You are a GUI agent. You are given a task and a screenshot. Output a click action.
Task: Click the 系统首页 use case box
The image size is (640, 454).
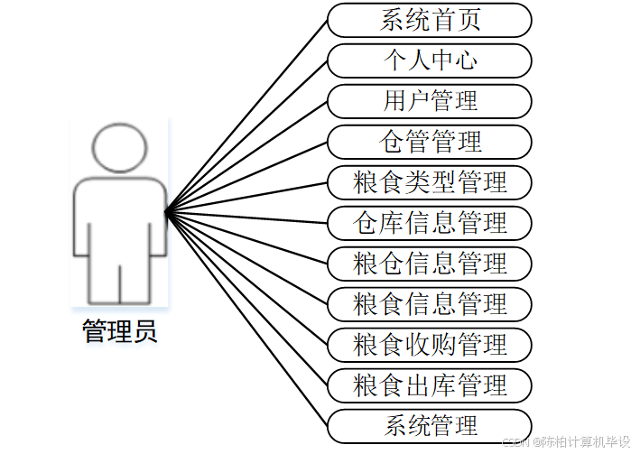(430, 20)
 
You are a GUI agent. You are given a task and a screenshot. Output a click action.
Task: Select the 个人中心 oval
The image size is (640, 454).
(430, 60)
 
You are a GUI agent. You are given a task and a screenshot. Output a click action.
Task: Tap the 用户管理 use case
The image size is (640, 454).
(430, 101)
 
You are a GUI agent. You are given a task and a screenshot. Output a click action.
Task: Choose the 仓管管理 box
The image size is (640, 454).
(430, 142)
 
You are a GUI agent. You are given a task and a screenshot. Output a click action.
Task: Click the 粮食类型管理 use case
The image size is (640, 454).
(430, 182)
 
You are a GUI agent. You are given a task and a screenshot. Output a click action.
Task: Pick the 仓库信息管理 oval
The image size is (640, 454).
(430, 222)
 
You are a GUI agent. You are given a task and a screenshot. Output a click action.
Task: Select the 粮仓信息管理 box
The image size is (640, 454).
(430, 264)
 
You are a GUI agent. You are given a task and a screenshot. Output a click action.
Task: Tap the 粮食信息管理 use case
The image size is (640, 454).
(430, 304)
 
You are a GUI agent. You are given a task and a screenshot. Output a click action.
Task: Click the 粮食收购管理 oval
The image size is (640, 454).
(430, 345)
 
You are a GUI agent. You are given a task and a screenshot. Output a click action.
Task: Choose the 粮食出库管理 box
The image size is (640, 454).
(430, 385)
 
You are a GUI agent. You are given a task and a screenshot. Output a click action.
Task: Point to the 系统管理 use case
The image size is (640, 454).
(430, 426)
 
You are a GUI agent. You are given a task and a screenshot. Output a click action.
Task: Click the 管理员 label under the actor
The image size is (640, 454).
(119, 331)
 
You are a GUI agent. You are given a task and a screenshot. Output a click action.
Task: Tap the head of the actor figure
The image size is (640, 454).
(119, 146)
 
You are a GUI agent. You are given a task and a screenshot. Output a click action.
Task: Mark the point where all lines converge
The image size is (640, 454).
(167, 213)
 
